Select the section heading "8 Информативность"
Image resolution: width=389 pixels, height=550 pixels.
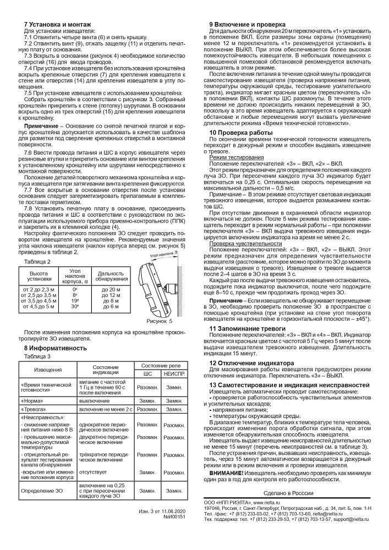coord(54,348)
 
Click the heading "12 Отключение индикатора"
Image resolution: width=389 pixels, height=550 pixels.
coord(251,363)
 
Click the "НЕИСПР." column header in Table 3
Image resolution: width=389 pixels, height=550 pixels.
coord(174,373)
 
